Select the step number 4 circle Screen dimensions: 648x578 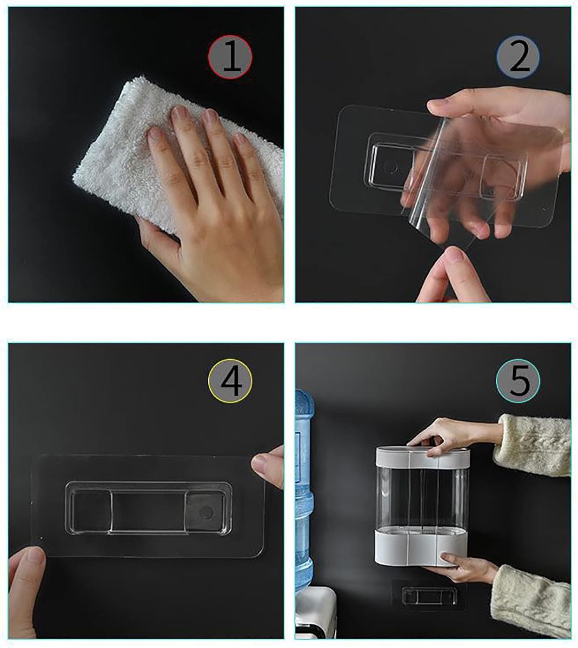[230, 380]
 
